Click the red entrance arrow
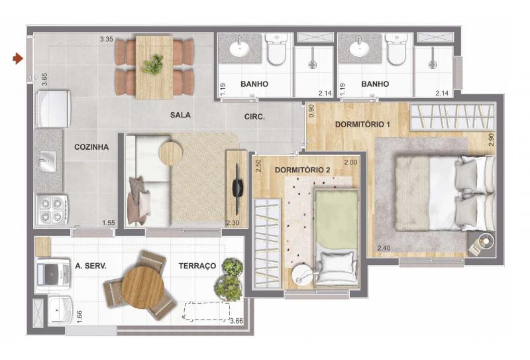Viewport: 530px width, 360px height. click(x=18, y=58)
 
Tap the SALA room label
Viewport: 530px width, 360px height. click(x=180, y=115)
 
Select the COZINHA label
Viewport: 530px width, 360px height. click(x=91, y=147)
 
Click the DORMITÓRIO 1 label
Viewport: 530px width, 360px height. click(x=362, y=124)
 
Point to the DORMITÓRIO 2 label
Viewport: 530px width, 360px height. click(x=302, y=170)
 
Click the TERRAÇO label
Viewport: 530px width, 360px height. click(x=197, y=266)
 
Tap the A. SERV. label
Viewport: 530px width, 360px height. click(x=91, y=266)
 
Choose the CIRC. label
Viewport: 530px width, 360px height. click(x=254, y=117)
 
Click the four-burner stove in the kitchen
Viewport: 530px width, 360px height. click(x=52, y=210)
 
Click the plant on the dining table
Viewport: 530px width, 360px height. click(x=153, y=64)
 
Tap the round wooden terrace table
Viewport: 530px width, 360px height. click(x=142, y=287)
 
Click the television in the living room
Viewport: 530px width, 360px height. click(x=238, y=189)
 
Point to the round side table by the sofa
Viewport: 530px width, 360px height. click(x=170, y=153)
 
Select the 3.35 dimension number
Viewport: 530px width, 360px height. click(x=107, y=39)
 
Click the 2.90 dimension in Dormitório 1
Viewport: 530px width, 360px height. click(x=491, y=140)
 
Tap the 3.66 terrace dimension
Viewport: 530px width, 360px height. click(x=237, y=321)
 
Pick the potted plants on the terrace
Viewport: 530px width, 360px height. click(x=229, y=280)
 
